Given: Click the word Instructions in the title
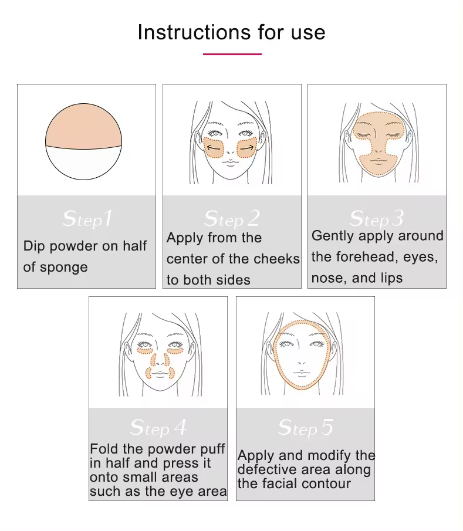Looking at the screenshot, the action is click(194, 32).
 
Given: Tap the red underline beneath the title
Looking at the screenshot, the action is click(232, 54).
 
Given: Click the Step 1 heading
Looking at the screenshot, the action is click(87, 219).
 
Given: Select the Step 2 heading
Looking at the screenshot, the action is click(232, 219).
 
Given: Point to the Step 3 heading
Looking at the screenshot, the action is click(377, 219).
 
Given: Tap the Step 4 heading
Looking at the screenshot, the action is click(158, 427).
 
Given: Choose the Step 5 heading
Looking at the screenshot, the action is click(306, 427).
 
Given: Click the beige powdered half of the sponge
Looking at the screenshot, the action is click(83, 127).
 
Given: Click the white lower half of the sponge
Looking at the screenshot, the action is click(83, 163).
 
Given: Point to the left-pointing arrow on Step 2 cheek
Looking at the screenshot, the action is click(214, 148).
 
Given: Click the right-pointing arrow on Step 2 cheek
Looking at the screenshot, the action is click(246, 148).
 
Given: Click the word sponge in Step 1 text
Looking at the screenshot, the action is click(64, 268).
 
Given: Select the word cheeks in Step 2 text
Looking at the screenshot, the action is click(277, 259).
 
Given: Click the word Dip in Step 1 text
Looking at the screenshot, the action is click(34, 246).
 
